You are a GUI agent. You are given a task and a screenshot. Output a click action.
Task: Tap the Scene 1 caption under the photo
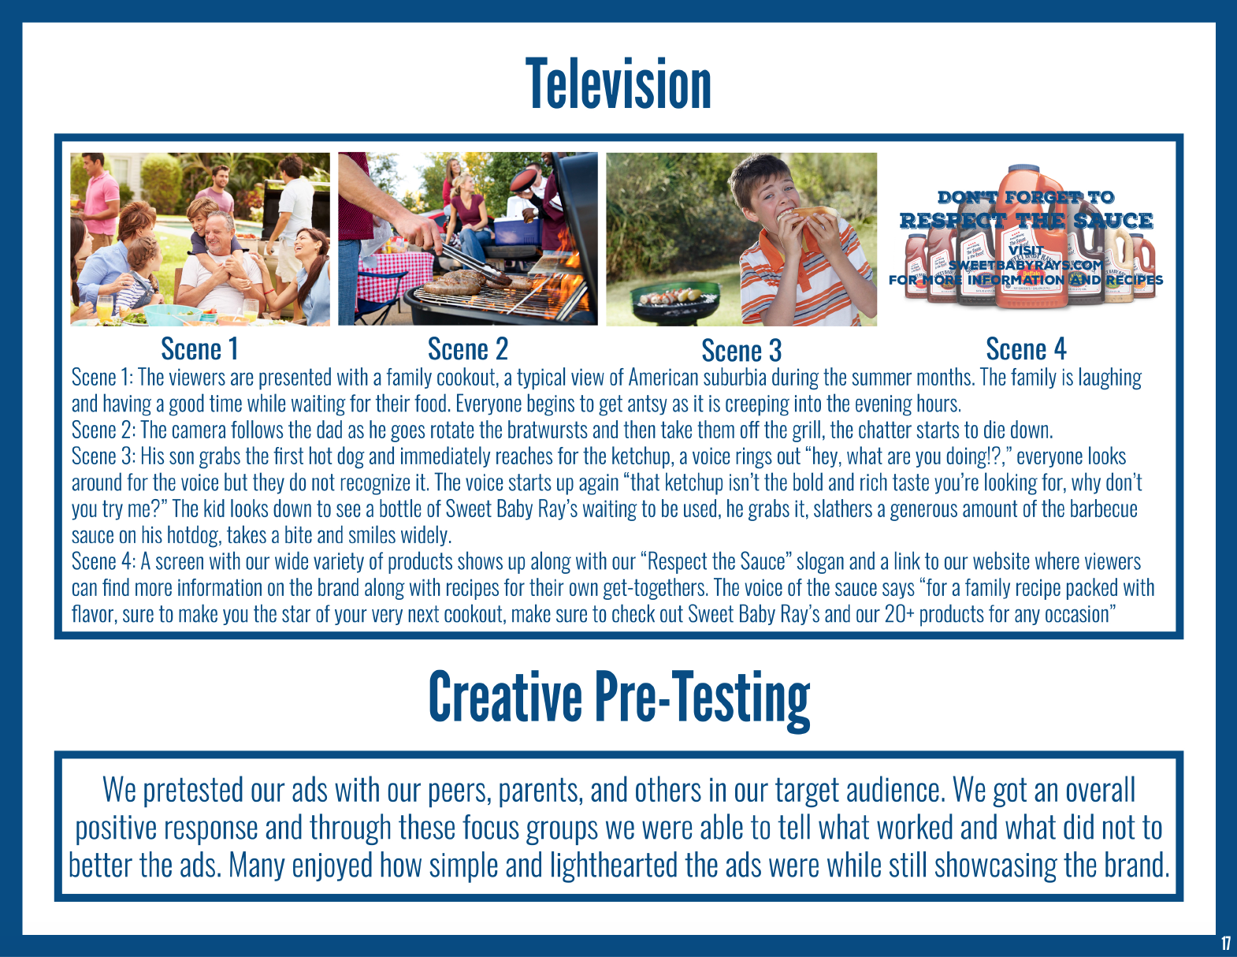point(199,348)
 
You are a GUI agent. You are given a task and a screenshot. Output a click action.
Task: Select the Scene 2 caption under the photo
point(468,348)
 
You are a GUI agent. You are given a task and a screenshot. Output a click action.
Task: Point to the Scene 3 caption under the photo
point(741,350)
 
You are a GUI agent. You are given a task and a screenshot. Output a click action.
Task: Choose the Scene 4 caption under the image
point(1026,348)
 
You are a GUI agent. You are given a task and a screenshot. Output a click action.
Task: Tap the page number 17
point(1226,944)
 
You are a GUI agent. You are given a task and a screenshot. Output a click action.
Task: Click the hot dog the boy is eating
point(808,216)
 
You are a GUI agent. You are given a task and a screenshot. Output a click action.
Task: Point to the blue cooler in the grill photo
point(516,231)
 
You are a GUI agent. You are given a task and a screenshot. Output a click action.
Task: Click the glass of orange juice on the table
point(105,308)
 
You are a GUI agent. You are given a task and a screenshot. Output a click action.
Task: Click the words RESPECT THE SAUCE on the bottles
point(1026,220)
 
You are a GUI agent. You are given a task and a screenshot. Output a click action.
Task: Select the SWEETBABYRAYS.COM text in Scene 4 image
point(1026,265)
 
